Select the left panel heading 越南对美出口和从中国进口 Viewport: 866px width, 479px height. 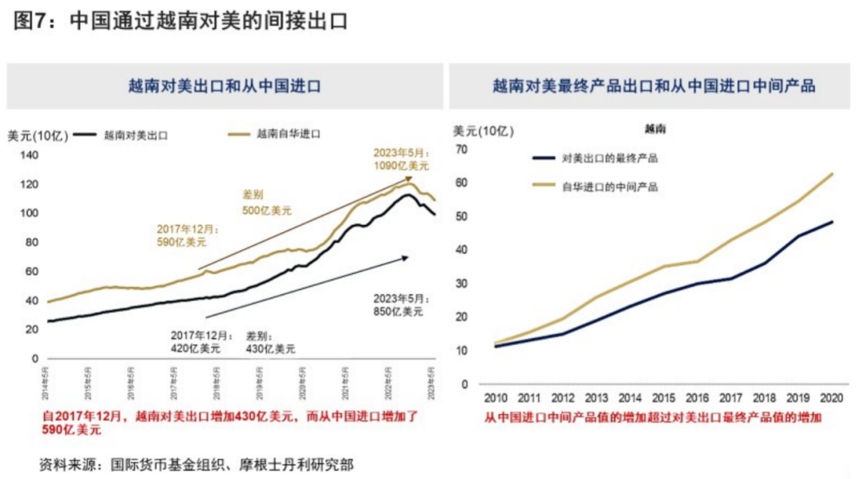(x=225, y=86)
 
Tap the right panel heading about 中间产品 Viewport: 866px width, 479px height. (x=654, y=86)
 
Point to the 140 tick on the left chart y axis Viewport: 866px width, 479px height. (x=29, y=155)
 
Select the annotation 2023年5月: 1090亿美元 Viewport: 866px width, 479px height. (x=401, y=159)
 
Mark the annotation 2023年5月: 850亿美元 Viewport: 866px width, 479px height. (x=398, y=304)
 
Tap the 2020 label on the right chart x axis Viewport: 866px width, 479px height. (x=832, y=398)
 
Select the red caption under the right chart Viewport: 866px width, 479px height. (x=654, y=417)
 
